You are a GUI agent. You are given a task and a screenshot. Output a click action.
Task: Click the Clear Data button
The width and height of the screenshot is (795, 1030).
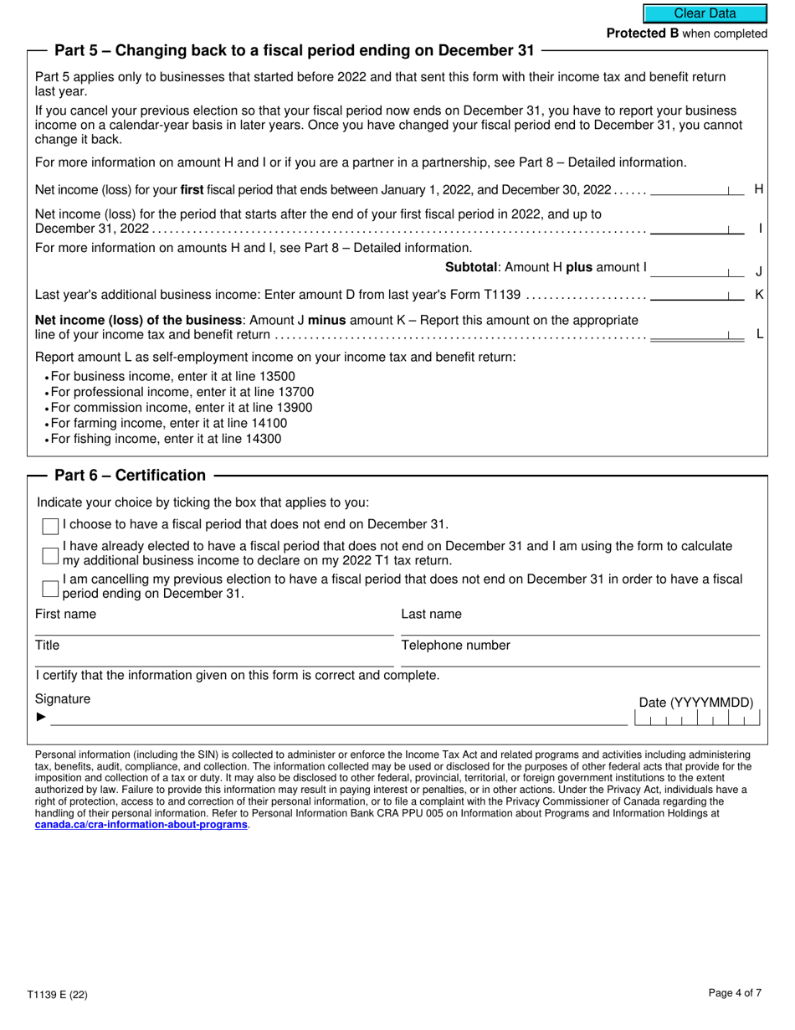[x=705, y=13]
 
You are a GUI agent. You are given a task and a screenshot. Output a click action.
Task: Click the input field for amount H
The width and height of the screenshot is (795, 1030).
[x=696, y=189]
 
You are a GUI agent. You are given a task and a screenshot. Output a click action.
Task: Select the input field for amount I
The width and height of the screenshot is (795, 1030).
[x=696, y=228]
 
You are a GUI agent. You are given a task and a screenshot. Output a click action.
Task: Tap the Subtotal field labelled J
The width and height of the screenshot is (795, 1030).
[x=696, y=269]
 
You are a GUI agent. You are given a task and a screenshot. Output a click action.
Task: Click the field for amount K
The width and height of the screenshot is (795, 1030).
[x=696, y=295]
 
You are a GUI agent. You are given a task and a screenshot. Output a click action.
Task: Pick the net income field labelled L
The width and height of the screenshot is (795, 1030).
[x=696, y=333]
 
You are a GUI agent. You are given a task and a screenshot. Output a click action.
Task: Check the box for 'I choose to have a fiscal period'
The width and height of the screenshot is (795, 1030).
[x=50, y=526]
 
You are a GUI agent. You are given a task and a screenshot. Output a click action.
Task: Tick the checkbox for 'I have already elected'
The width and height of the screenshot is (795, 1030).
[x=50, y=554]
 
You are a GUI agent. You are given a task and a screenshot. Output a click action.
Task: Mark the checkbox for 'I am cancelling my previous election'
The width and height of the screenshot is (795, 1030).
[x=50, y=588]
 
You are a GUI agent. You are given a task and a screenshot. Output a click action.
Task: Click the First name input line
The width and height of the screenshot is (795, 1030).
[x=214, y=628]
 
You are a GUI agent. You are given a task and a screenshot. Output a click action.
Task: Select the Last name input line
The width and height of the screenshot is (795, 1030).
[x=580, y=628]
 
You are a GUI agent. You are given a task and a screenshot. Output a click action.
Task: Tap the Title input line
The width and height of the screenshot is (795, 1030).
[x=214, y=659]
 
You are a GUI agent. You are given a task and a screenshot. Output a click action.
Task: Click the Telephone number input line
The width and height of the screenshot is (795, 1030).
[x=580, y=659]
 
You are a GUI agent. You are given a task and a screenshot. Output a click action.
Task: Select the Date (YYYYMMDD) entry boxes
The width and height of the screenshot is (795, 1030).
[x=697, y=718]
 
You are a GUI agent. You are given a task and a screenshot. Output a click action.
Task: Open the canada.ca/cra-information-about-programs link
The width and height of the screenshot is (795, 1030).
[x=141, y=825]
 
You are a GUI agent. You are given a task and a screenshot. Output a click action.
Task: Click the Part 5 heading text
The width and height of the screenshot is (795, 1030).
[x=294, y=51]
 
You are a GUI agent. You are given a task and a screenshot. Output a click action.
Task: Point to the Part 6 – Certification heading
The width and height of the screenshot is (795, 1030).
[x=130, y=476]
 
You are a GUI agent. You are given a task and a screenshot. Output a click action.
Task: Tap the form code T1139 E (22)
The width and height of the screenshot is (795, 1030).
[x=57, y=995]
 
